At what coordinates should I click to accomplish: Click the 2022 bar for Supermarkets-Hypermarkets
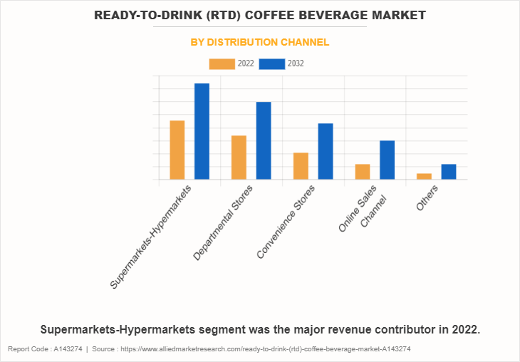pos(177,150)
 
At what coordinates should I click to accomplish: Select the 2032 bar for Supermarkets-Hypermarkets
pos(202,132)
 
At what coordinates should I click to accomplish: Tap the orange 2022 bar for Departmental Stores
pos(239,157)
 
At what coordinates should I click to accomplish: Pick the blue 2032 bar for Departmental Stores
pos(264,141)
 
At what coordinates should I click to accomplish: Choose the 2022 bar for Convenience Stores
pos(301,166)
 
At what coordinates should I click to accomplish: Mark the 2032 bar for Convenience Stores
pos(325,152)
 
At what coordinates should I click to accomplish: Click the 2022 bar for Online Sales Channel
pos(363,172)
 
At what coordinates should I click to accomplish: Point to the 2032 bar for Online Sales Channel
pos(387,160)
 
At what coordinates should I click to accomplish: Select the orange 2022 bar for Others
pos(424,176)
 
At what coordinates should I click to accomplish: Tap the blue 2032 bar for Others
pos(449,172)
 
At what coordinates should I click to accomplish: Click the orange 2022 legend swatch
pos(222,64)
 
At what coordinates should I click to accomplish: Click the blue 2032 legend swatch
pos(271,64)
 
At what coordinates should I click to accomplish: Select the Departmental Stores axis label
pos(224,223)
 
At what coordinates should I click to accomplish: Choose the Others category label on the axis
pos(427,196)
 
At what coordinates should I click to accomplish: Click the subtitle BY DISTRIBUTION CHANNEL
pos(260,43)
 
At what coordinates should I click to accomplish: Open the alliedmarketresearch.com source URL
pos(270,349)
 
